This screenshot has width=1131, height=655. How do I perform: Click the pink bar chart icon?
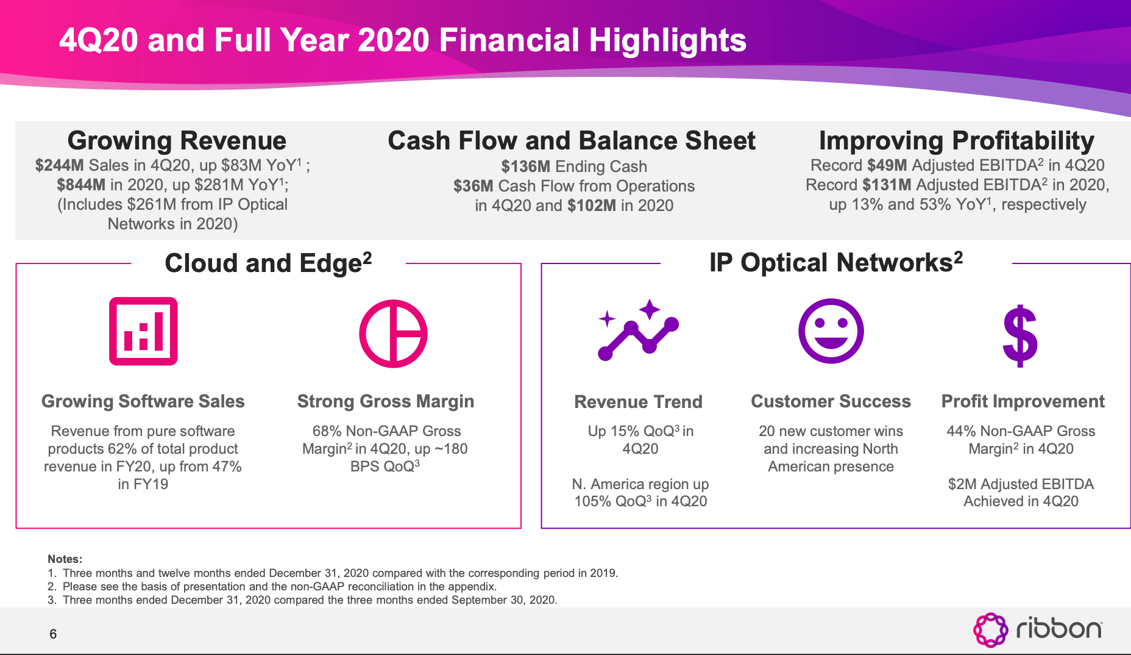[143, 331]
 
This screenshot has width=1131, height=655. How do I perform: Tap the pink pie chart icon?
[393, 334]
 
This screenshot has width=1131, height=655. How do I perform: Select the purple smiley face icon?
[831, 331]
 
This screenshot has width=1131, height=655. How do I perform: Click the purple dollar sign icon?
[1020, 336]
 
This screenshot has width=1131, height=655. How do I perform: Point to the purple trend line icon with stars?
[638, 330]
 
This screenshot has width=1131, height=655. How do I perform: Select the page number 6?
[53, 634]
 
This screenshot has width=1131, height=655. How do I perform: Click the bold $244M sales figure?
[59, 165]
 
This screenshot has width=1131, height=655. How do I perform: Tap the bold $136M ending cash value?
[525, 166]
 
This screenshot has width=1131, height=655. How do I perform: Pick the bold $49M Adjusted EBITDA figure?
[887, 165]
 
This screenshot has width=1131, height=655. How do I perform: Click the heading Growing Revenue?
[177, 141]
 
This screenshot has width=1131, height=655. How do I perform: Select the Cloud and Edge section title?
[268, 263]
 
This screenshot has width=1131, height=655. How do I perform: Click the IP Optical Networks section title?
[835, 263]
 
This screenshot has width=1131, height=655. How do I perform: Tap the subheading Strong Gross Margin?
[385, 401]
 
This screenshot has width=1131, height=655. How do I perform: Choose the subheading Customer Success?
[831, 401]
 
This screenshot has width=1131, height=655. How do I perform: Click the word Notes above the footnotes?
[65, 559]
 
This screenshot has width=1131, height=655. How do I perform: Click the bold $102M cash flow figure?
[591, 206]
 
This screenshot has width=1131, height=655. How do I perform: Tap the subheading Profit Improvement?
[1023, 401]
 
